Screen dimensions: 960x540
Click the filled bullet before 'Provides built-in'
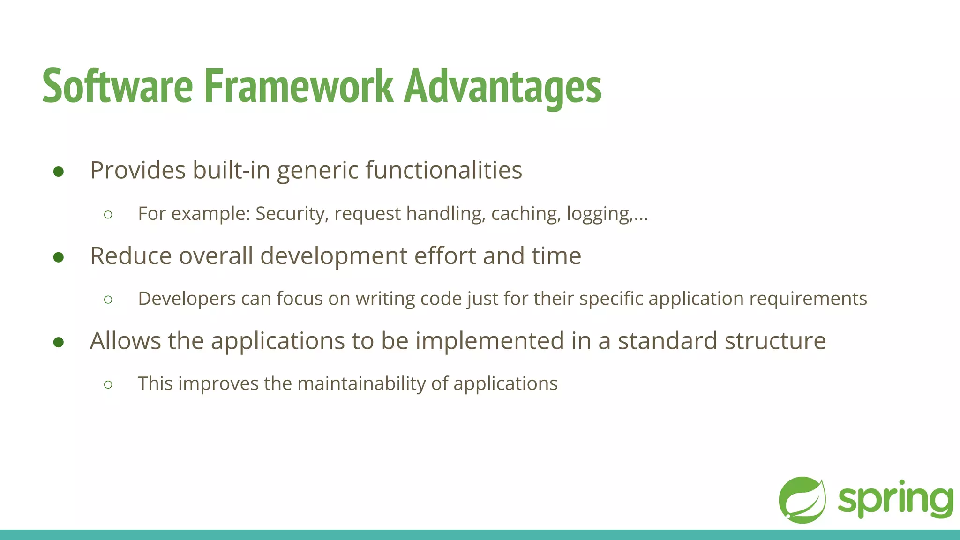coord(59,172)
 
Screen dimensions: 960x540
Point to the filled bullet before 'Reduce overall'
coord(59,257)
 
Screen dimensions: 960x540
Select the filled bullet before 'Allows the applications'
coord(59,342)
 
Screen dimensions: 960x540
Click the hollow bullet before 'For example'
coord(108,215)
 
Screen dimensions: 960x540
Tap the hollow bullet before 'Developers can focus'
coord(108,300)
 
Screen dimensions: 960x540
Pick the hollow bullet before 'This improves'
coord(108,385)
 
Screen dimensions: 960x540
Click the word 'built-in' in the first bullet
coord(232,170)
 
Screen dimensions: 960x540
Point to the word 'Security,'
coord(292,214)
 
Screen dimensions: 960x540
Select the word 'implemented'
coord(489,341)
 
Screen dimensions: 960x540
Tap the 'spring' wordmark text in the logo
coord(895,500)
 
